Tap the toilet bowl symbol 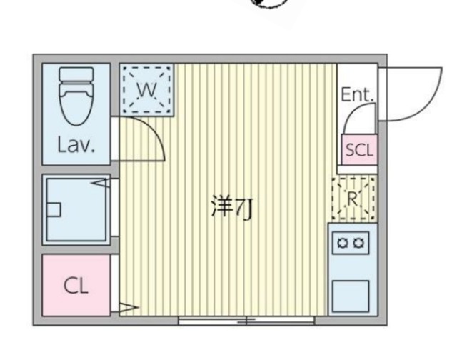[76, 107]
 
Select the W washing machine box [146, 89]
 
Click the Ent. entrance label [357, 94]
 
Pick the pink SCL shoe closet [358, 150]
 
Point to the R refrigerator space [353, 197]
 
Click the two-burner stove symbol [351, 242]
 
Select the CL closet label [76, 286]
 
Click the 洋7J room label [231, 209]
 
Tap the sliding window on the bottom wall [246, 321]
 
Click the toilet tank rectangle [76, 74]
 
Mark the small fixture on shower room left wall [54, 209]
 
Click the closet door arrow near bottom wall [127, 309]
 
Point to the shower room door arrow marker [101, 184]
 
